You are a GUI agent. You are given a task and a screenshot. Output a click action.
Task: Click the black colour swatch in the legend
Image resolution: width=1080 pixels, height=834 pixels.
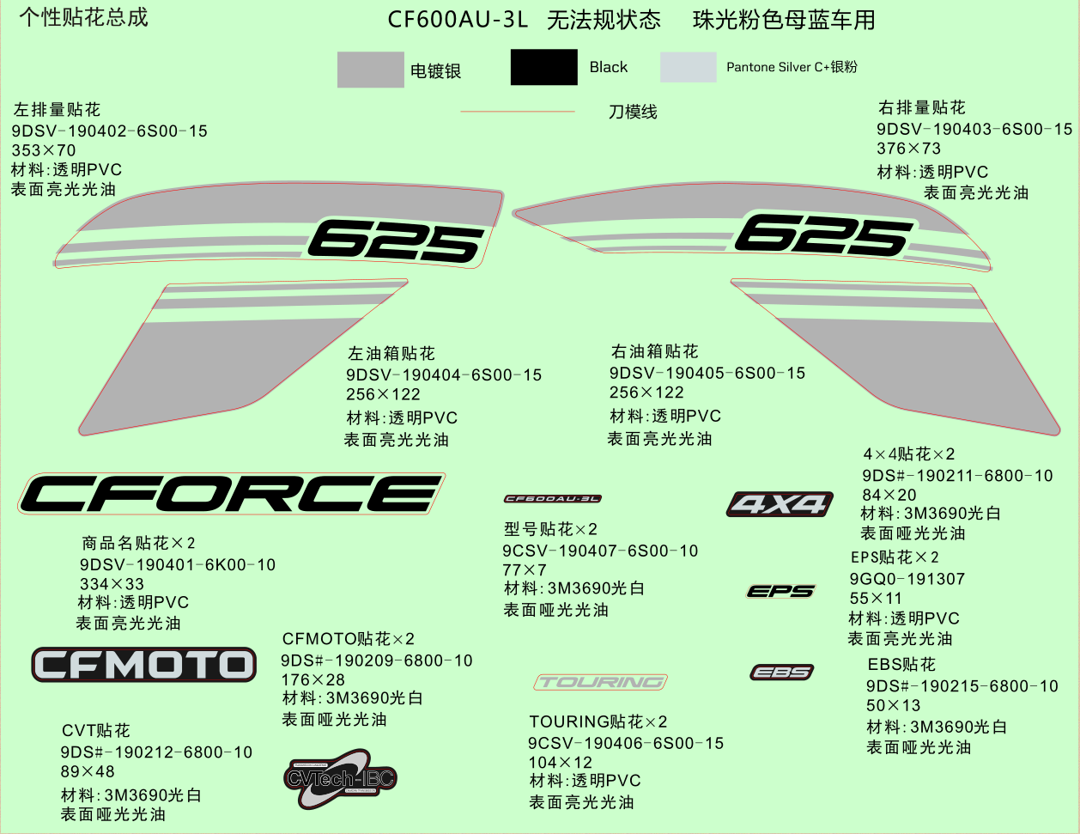pyautogui.click(x=543, y=67)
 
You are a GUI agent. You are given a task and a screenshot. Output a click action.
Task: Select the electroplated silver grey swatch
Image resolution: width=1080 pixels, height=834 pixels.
pyautogui.click(x=370, y=70)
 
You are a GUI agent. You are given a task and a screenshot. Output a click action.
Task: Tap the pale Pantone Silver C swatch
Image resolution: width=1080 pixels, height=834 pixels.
pyautogui.click(x=688, y=67)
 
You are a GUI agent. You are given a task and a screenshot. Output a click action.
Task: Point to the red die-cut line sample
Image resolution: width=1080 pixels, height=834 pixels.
pyautogui.click(x=518, y=112)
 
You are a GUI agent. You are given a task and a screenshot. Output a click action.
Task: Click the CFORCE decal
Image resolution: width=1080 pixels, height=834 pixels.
pyautogui.click(x=231, y=494)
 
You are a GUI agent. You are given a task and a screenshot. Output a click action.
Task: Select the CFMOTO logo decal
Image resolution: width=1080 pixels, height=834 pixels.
pyautogui.click(x=144, y=665)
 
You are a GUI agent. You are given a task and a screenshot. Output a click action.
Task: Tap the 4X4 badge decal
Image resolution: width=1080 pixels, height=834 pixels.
pyautogui.click(x=780, y=504)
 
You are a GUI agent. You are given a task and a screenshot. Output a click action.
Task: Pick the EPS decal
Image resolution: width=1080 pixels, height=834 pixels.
pyautogui.click(x=780, y=591)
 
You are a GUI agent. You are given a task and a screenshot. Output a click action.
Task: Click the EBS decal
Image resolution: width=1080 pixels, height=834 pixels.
pyautogui.click(x=781, y=673)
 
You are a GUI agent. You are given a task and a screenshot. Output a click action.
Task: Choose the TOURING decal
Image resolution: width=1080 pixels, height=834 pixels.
pyautogui.click(x=601, y=682)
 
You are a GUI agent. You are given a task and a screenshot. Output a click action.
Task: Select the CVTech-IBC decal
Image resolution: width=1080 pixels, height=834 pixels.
pyautogui.click(x=340, y=779)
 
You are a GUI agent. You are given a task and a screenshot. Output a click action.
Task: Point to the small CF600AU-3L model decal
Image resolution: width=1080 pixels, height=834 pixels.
pyautogui.click(x=552, y=499)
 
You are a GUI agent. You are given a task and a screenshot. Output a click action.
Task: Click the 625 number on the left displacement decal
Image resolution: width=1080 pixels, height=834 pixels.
pyautogui.click(x=397, y=240)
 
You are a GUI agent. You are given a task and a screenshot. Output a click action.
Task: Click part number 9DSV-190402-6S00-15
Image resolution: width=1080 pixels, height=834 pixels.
pyautogui.click(x=110, y=131)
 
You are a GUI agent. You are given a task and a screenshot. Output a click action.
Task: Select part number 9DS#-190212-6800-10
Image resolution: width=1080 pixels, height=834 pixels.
pyautogui.click(x=156, y=752)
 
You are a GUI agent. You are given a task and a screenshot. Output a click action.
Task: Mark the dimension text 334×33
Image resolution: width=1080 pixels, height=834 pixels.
pyautogui.click(x=112, y=584)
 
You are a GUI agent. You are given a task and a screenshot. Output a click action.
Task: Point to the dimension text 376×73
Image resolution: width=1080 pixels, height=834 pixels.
pyautogui.click(x=908, y=149)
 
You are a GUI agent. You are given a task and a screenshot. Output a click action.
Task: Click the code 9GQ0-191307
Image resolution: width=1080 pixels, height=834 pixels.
pyautogui.click(x=907, y=579)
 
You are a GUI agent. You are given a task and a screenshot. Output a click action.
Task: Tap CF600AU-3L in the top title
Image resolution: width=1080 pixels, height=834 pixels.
pyautogui.click(x=458, y=20)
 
